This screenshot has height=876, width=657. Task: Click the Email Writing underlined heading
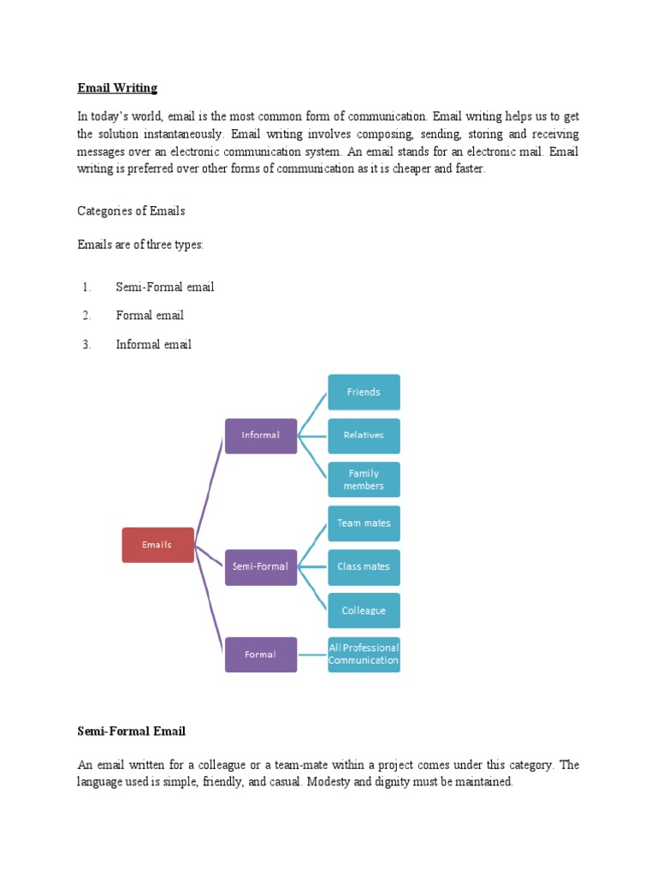coord(117,88)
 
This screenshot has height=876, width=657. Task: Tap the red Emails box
coord(157,545)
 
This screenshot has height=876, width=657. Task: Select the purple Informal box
coord(261,435)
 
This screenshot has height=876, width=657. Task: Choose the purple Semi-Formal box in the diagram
coord(261,567)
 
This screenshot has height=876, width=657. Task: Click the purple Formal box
coord(261,654)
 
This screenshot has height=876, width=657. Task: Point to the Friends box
coord(364,392)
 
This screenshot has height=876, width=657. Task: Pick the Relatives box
coord(364,435)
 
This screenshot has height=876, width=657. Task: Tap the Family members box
coord(364,480)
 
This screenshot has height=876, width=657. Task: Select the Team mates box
coord(364,524)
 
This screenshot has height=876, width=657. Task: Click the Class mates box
coord(364,567)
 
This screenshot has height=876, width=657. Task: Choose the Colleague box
coord(364,611)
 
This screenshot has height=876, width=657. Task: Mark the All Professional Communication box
coord(364,654)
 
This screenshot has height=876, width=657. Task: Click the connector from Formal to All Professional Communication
coord(312,654)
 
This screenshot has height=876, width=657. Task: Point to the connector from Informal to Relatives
coord(312,435)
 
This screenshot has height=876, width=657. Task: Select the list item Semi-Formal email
coord(165,287)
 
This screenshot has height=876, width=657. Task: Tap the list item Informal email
coord(154,345)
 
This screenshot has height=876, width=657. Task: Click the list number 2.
coord(86,316)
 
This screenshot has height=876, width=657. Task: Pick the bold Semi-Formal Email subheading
coord(131,731)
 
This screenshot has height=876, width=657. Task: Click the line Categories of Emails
coord(131,211)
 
